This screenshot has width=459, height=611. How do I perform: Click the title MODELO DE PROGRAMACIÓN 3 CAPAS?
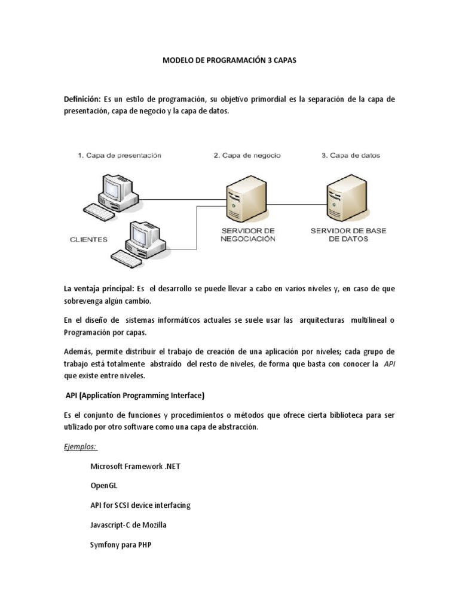(x=230, y=61)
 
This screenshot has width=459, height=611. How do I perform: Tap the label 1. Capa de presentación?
(x=119, y=156)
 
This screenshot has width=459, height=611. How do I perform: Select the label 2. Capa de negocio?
(x=247, y=156)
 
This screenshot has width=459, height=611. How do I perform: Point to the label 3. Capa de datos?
(x=351, y=156)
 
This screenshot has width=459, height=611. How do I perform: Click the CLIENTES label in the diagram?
(x=88, y=240)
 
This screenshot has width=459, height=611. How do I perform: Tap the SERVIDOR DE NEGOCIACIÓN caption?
(x=247, y=234)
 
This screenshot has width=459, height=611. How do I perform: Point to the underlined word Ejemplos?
(x=80, y=446)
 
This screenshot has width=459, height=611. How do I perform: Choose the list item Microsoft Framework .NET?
(x=135, y=466)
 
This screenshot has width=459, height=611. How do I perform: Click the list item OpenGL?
(x=104, y=486)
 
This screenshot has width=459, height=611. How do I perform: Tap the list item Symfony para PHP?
(x=120, y=545)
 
